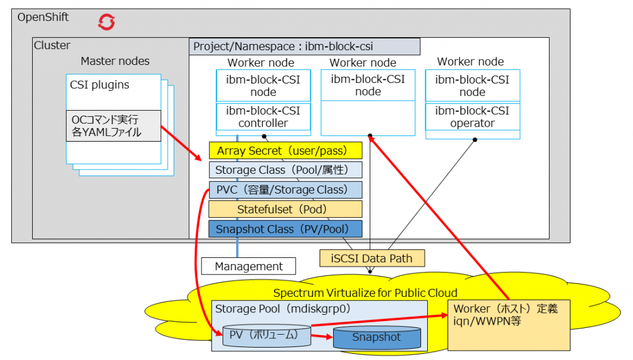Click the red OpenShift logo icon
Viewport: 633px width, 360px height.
pyautogui.click(x=107, y=22)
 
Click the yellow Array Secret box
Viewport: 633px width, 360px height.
pyautogui.click(x=285, y=151)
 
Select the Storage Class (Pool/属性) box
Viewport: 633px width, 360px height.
pyautogui.click(x=285, y=170)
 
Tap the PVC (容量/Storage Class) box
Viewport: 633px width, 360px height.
pyautogui.click(x=285, y=190)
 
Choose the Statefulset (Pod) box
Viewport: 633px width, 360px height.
pyautogui.click(x=285, y=209)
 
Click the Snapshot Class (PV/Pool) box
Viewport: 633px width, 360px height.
pyautogui.click(x=285, y=229)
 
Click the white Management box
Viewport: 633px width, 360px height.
pyautogui.click(x=249, y=267)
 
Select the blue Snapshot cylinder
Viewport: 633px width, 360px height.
pyautogui.click(x=376, y=337)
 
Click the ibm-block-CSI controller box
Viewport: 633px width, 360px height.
pyautogui.click(x=263, y=118)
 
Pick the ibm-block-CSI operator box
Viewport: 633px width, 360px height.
pyautogui.click(x=472, y=118)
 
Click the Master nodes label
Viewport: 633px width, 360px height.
pyautogui.click(x=115, y=61)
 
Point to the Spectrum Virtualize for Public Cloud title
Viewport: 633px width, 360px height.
pyautogui.click(x=365, y=293)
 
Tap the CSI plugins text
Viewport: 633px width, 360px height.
pyautogui.click(x=100, y=85)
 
